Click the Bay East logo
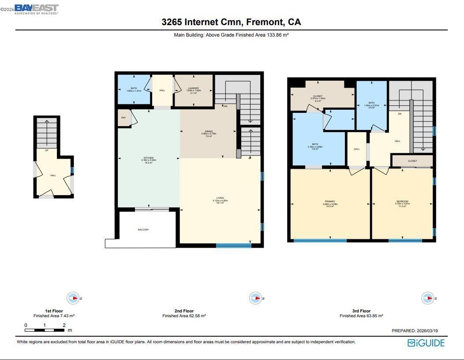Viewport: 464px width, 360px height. [36, 9]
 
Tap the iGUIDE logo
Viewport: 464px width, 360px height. [426, 343]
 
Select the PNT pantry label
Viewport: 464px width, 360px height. [123, 118]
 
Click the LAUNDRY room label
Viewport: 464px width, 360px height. [193, 88]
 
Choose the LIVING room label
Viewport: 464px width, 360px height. [220, 198]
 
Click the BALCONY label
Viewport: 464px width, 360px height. [143, 230]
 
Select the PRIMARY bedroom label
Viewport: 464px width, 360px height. [329, 201]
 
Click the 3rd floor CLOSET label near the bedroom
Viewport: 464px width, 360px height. [412, 161]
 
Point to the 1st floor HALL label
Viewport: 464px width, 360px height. [53, 175]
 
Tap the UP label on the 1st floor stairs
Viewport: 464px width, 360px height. [46, 150]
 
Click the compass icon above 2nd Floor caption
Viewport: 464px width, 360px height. [255, 298]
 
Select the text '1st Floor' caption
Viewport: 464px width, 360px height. [54, 311]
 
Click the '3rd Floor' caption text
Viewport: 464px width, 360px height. [361, 311]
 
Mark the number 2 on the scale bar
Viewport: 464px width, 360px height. [64, 326]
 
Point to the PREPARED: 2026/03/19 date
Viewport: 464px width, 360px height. [415, 330]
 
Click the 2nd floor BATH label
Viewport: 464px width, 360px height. [133, 88]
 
